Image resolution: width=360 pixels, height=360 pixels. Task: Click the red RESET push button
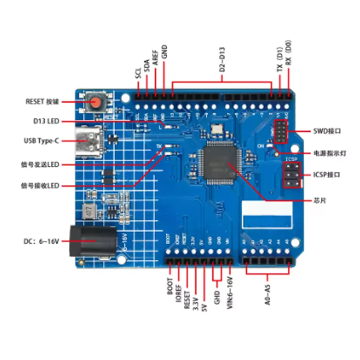[x=95, y=103]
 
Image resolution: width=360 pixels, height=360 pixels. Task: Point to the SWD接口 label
[x=327, y=131]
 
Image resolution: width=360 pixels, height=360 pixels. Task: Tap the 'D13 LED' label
[x=46, y=121]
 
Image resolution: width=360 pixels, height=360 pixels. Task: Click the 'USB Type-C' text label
[x=41, y=140]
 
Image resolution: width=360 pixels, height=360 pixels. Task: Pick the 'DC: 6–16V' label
[x=42, y=241]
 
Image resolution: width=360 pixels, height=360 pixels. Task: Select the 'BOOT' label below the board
[x=170, y=286]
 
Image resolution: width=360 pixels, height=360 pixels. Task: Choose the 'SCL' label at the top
[x=138, y=74]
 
